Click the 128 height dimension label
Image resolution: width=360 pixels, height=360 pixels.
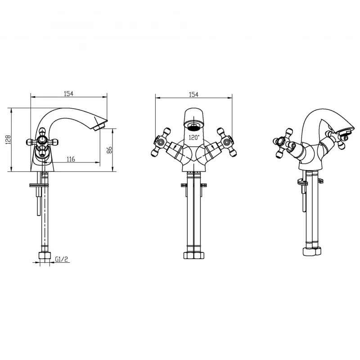click(x=8, y=139)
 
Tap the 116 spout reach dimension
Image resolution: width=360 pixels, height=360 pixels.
click(x=71, y=159)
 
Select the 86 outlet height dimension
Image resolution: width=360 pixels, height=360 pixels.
click(x=109, y=150)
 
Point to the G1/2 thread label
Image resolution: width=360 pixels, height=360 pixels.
click(x=62, y=259)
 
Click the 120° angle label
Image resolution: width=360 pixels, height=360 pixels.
click(x=194, y=138)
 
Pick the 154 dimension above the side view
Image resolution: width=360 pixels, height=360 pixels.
click(x=68, y=94)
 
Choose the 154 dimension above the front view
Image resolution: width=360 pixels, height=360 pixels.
click(x=193, y=94)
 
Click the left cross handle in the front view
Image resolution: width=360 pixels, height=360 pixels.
click(x=161, y=142)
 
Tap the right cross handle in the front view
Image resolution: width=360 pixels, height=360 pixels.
click(x=226, y=142)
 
